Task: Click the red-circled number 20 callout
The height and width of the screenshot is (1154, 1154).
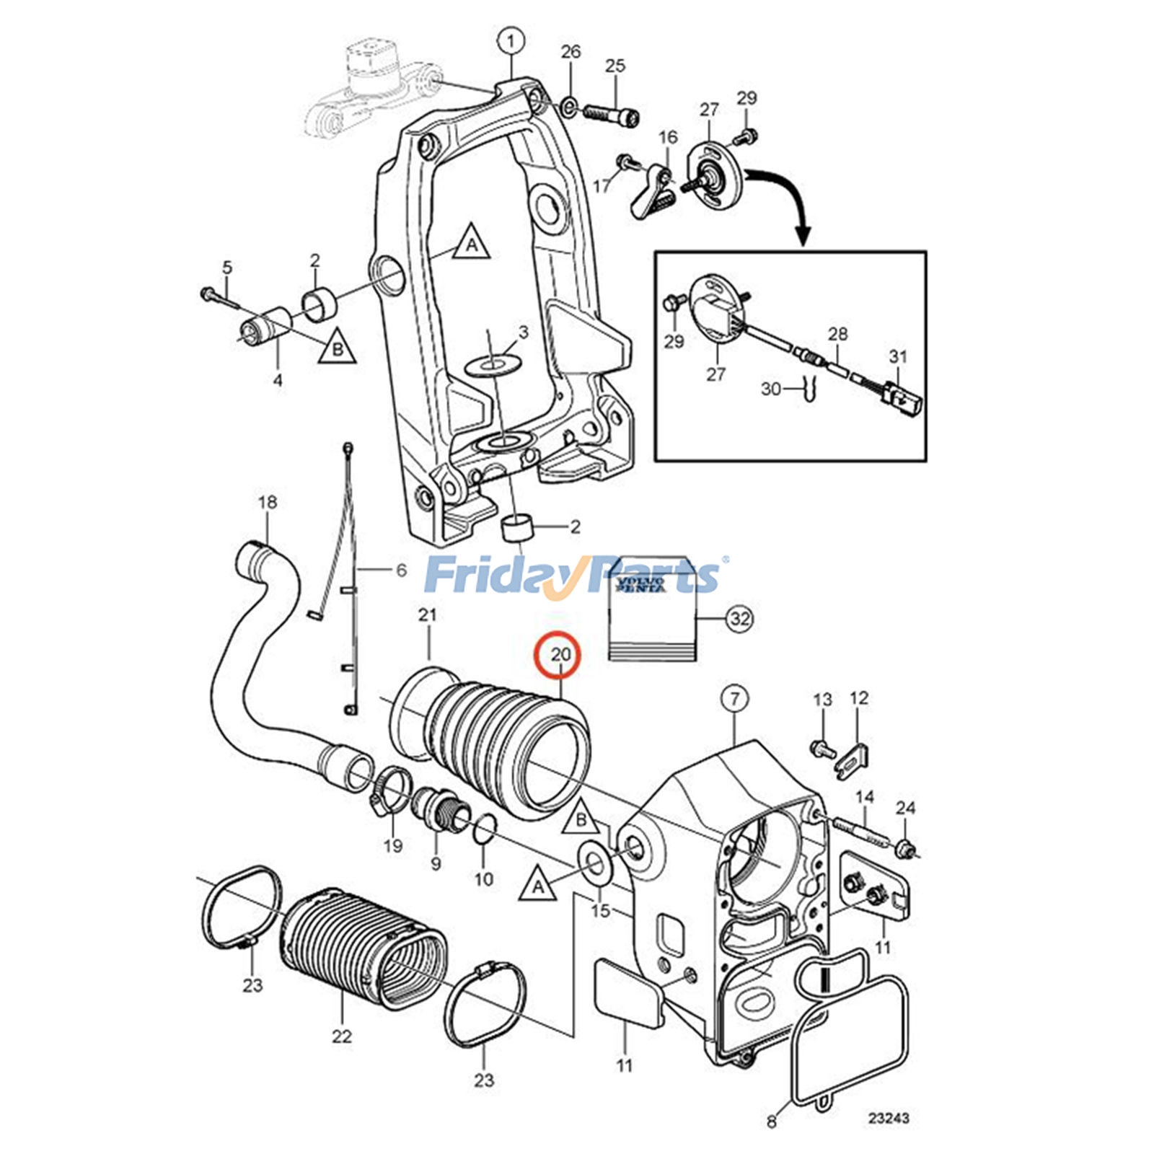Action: point(560,655)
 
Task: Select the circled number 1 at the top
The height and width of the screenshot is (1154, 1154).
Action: point(511,41)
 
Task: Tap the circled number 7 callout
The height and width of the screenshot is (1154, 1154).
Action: point(735,698)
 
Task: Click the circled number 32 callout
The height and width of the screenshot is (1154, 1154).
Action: point(740,619)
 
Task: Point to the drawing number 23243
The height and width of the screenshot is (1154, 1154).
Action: point(888,1119)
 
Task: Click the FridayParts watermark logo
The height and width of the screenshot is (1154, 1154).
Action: point(573,576)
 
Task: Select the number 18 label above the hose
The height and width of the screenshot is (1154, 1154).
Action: point(267,502)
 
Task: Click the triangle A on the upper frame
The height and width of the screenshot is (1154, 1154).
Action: point(472,243)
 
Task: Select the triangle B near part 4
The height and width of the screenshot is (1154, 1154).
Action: point(338,346)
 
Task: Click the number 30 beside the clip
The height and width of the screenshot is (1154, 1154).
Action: point(770,389)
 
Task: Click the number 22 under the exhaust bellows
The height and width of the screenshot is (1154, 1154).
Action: point(341,1036)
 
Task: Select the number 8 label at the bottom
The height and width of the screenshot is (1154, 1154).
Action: point(772,1122)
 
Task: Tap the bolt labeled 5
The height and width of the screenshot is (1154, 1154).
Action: point(213,295)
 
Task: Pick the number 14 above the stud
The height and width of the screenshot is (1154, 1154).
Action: point(865,797)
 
